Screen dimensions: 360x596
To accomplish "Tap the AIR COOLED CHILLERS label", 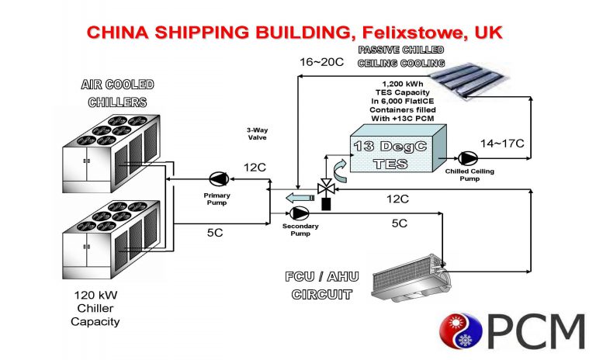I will click(117, 92).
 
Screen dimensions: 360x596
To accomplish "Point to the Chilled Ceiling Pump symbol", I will click(465, 156).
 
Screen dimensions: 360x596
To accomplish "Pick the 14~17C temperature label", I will click(502, 144).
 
